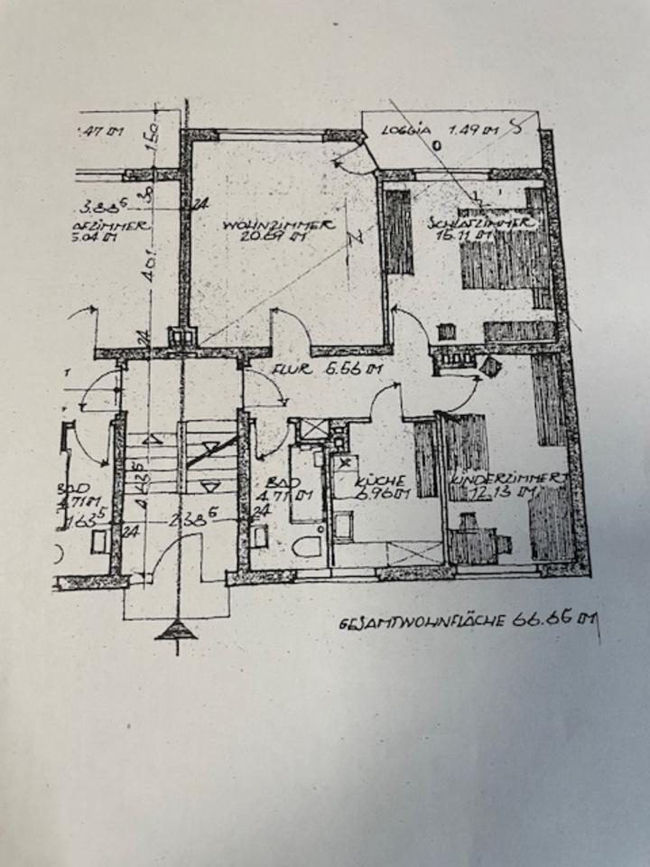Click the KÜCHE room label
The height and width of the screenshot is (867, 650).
point(375,481)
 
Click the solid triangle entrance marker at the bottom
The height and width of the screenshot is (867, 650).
point(175,629)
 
